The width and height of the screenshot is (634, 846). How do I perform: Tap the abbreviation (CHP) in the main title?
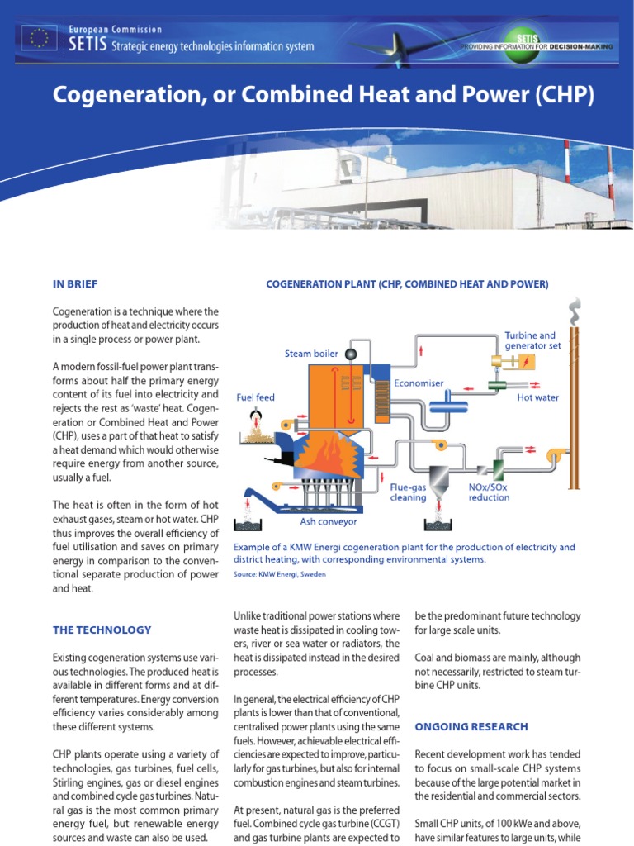(564, 95)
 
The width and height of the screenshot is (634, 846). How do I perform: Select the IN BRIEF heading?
(75, 284)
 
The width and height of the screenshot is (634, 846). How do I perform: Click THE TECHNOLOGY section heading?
(102, 630)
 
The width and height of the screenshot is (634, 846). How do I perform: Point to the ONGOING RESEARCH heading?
(471, 727)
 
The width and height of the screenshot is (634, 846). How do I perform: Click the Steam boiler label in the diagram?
(311, 354)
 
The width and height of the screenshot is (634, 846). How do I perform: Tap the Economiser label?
(419, 383)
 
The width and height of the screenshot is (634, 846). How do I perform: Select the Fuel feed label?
(256, 397)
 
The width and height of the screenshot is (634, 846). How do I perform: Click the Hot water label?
(538, 397)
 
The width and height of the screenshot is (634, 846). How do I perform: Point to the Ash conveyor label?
(329, 522)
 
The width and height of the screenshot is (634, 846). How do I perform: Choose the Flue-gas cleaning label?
(408, 492)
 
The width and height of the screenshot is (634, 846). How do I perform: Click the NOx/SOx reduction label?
(490, 492)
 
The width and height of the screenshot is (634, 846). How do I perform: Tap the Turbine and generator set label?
(532, 340)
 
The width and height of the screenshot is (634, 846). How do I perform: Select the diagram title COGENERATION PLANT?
(407, 284)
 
